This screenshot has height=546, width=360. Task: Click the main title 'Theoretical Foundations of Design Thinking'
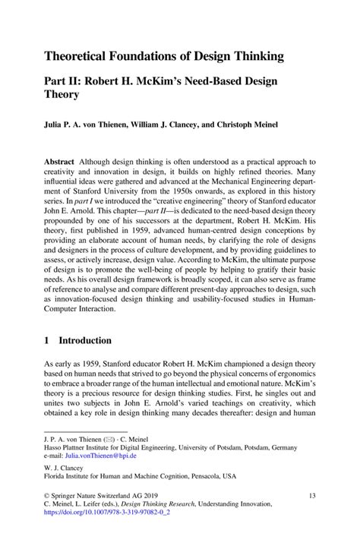tap(163, 56)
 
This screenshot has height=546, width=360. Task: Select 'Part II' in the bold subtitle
tap(65, 81)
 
